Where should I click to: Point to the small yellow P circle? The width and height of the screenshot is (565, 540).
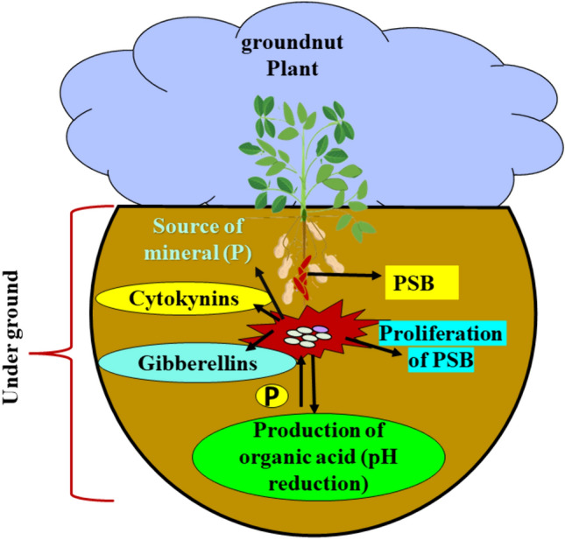pos(272,396)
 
